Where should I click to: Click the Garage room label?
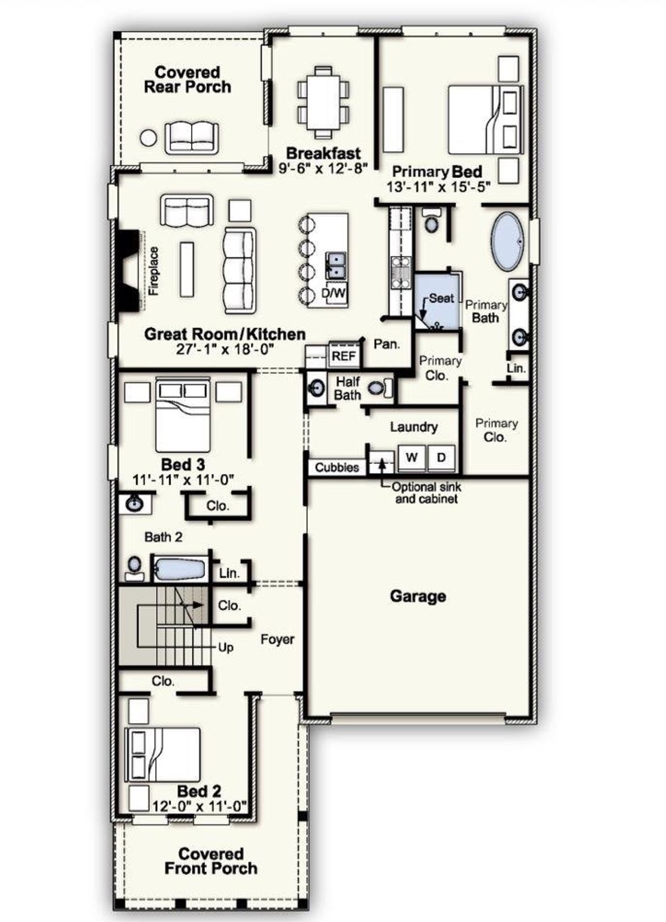418,596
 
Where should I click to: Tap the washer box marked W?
412,457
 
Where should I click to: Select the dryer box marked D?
441,457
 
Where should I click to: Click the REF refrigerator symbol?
343,356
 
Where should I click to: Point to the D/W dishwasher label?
334,293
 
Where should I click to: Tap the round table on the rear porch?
148,138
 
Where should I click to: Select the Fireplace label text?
153,271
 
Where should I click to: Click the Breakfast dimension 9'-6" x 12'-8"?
324,168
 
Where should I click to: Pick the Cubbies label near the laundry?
337,467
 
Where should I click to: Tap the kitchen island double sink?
336,265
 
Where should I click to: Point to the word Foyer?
277,639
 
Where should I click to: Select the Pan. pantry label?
387,344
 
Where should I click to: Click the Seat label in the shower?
441,298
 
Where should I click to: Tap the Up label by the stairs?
225,647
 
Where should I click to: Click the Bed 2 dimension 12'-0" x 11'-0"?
199,806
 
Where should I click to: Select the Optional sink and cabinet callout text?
426,493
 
